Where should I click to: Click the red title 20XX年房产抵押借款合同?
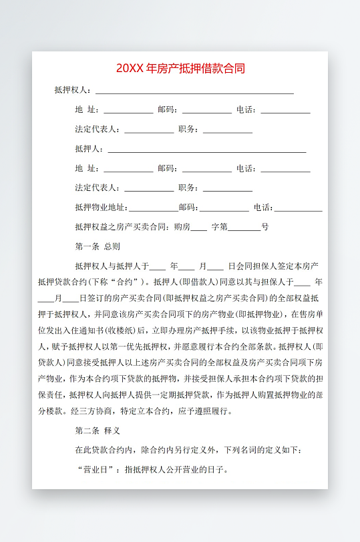180,69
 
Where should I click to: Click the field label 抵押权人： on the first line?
73,90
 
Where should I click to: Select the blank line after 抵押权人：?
194,91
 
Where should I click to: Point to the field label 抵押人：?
90,149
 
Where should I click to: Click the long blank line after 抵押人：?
207,150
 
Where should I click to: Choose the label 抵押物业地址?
100,208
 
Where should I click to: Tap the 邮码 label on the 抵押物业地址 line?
188,208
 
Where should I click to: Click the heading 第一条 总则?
98,246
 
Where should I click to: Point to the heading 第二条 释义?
98,431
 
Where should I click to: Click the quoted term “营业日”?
98,469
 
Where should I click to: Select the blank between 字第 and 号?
244,228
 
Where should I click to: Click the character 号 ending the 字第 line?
265,227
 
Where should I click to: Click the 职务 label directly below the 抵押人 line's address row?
187,188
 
